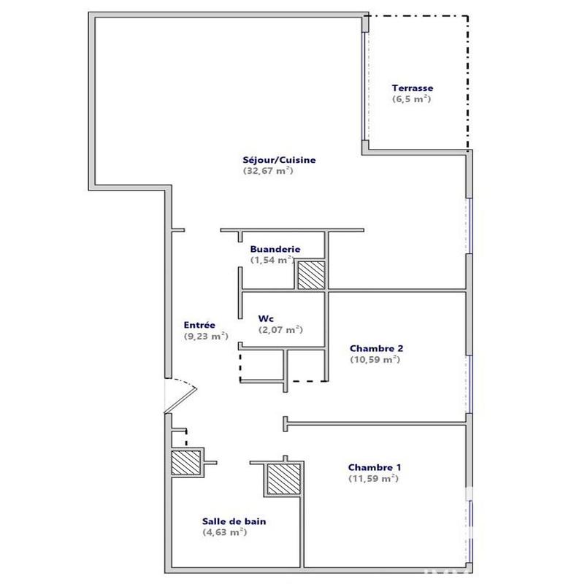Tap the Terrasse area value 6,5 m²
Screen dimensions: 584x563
pyautogui.click(x=412, y=99)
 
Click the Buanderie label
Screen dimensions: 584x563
pyautogui.click(x=271, y=248)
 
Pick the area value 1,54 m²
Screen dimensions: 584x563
pyautogui.click(x=271, y=259)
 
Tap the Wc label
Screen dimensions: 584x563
pyautogui.click(x=266, y=319)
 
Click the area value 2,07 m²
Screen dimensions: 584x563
pyautogui.click(x=280, y=330)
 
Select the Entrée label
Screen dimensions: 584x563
pyautogui.click(x=199, y=326)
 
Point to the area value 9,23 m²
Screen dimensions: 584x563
pyautogui.click(x=206, y=337)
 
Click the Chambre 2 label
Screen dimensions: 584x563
pyautogui.click(x=376, y=348)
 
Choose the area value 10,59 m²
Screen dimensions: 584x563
pyautogui.click(x=375, y=359)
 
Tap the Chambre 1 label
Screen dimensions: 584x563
pyautogui.click(x=374, y=467)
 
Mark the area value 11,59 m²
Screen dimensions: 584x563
pyautogui.click(x=373, y=478)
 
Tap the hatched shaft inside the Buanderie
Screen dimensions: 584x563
pyautogui.click(x=310, y=275)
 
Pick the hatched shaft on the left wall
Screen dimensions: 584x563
pyautogui.click(x=185, y=461)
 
